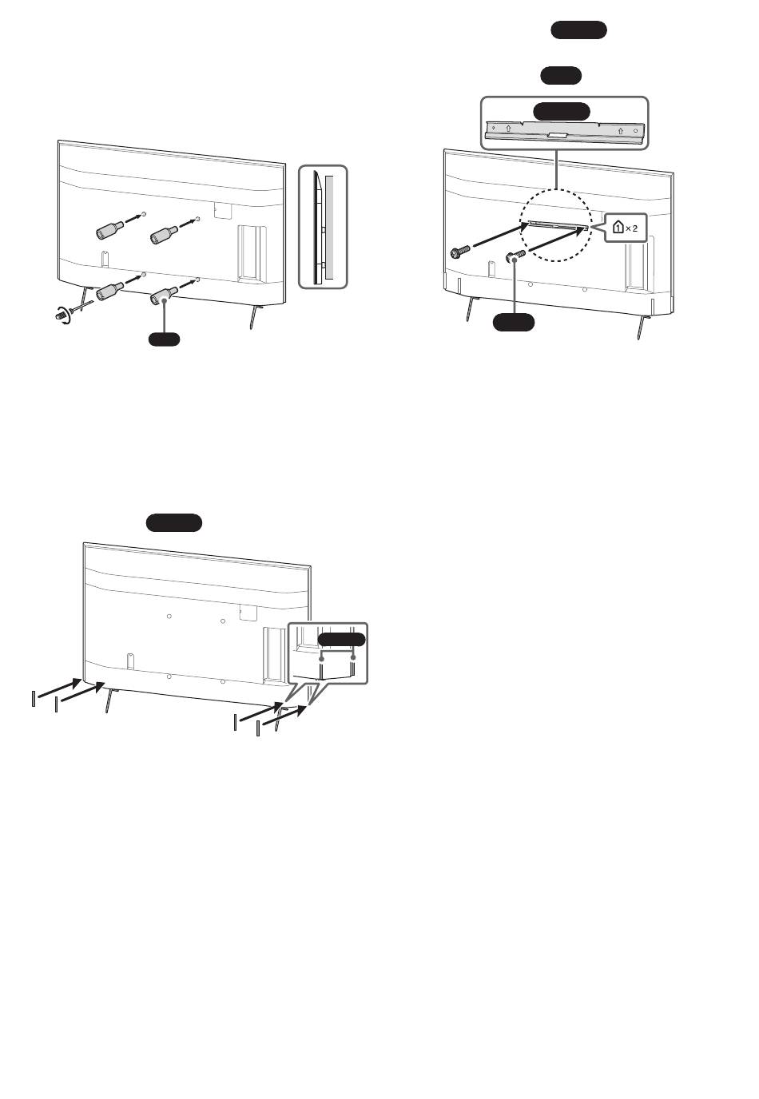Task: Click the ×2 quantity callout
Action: tap(625, 228)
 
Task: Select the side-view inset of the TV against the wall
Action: tap(323, 227)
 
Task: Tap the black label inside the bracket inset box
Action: tap(562, 111)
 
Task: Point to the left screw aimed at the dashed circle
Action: tap(460, 252)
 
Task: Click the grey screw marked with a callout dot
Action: tap(515, 256)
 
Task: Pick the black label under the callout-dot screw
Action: tap(513, 322)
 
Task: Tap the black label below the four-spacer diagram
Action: tap(164, 339)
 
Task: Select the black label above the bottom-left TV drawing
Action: tap(174, 522)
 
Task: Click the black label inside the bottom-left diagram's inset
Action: tap(342, 640)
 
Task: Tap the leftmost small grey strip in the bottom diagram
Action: tap(34, 698)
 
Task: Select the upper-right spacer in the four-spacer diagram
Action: tap(165, 235)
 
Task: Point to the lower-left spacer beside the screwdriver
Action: tap(110, 291)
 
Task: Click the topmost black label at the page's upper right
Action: tap(579, 30)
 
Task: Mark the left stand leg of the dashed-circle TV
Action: tap(471, 308)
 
